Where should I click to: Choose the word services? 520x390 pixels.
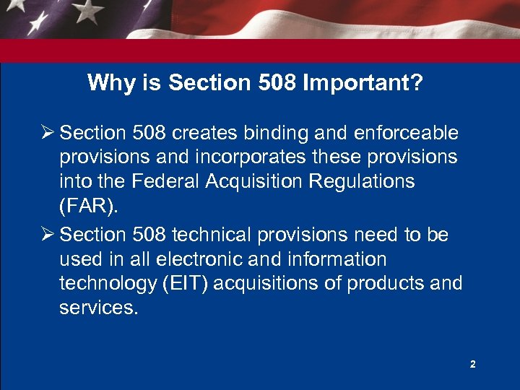tap(97, 307)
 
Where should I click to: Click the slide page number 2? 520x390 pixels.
tap(473, 365)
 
